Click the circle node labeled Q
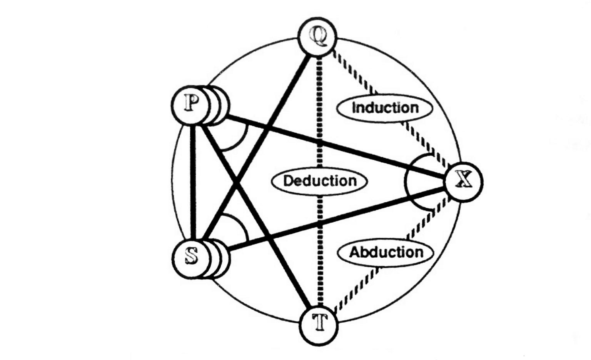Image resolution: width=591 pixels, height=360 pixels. [317, 38]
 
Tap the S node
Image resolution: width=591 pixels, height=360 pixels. [191, 256]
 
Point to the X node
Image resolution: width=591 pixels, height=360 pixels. [463, 181]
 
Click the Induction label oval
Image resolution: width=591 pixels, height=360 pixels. [385, 108]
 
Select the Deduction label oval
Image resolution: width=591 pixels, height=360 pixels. [319, 181]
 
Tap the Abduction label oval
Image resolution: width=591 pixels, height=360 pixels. [386, 252]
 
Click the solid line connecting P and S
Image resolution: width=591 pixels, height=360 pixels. [195, 181]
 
